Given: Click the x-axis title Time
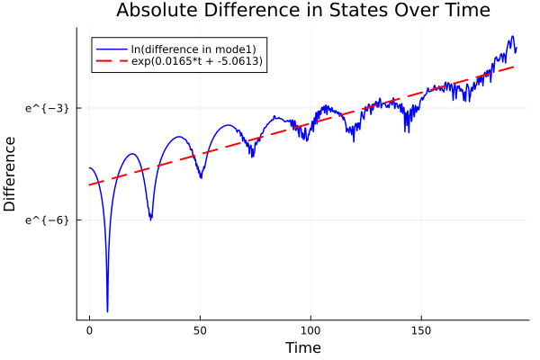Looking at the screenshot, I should coord(302,347).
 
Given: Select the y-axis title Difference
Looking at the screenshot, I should coord(11,174).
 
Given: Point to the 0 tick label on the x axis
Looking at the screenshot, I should coord(89,330).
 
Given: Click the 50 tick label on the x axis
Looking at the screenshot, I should coord(200,330).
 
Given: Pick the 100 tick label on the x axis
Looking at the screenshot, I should coord(310,330).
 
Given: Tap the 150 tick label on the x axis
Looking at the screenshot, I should coord(421,330).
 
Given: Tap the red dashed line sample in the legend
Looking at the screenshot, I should coord(111,62).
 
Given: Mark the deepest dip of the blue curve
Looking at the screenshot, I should coord(107,311).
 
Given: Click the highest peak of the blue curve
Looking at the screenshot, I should coord(512,37).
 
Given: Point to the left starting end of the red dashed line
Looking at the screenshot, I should coord(89,185).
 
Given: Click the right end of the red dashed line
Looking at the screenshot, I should coord(516,66).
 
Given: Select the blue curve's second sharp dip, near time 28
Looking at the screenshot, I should coord(150,219).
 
